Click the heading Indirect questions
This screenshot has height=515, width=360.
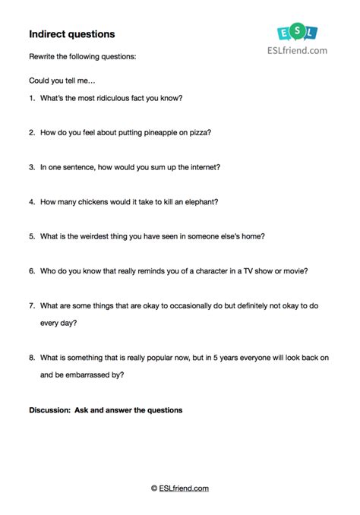tap(72, 34)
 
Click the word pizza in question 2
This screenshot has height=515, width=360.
tap(199, 132)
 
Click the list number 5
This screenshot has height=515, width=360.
tap(32, 236)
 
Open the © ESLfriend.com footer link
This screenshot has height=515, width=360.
tap(180, 488)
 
